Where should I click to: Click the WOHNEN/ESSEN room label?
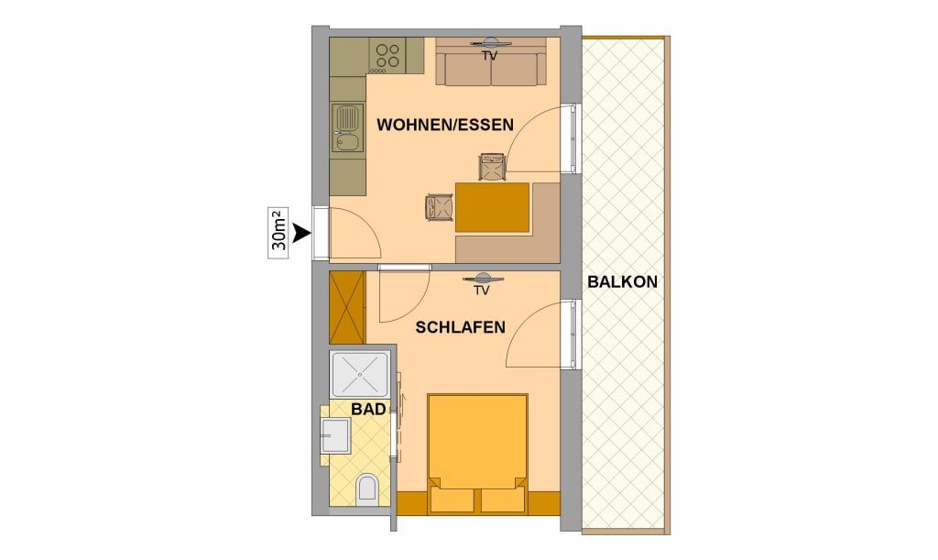click(x=445, y=125)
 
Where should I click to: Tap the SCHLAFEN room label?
click(x=460, y=327)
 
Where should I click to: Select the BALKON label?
click(x=622, y=281)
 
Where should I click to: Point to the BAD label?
click(x=368, y=410)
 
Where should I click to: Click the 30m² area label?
click(x=278, y=233)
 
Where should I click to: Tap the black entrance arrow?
click(x=302, y=234)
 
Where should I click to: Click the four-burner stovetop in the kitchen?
click(x=387, y=56)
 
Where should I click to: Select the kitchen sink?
click(x=347, y=128)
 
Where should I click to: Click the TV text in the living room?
click(x=490, y=56)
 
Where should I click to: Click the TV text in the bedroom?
click(x=482, y=291)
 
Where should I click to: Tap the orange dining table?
click(x=492, y=207)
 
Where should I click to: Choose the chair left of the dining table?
click(x=439, y=208)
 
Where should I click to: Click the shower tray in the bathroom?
click(x=360, y=375)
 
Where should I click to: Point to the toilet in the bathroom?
click(x=365, y=489)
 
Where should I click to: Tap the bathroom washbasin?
click(x=335, y=435)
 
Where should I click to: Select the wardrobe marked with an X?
click(x=347, y=308)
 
